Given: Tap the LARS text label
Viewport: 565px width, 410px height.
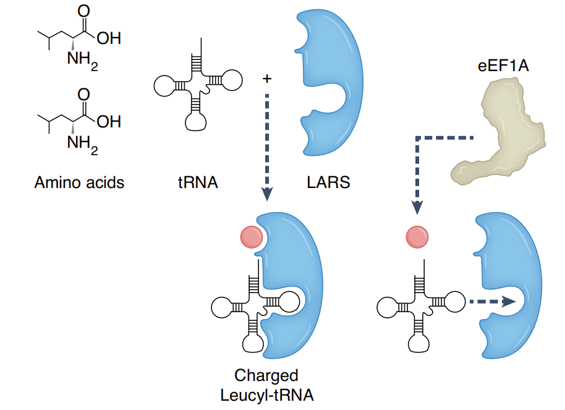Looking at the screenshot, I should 328,183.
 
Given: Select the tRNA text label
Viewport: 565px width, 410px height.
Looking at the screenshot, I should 197,183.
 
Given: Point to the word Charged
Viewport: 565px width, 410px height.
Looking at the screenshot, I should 266,376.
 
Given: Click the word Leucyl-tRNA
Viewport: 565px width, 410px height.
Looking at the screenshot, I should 266,395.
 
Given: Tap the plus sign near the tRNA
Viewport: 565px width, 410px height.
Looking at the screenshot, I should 266,79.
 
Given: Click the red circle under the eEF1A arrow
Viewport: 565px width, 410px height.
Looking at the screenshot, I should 417,237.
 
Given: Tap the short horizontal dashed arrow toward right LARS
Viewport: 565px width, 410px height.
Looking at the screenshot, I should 491,302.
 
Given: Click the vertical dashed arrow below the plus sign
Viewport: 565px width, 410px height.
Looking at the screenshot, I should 266,142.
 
